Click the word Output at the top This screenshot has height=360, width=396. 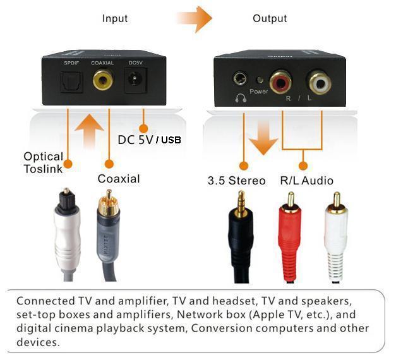pos(270,18)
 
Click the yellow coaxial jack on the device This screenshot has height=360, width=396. pos(104,81)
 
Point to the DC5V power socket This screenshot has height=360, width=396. pos(135,81)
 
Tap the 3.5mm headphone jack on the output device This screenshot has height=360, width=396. pos(240,80)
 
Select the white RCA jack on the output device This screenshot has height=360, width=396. pos(319,81)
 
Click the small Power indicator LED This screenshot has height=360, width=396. pos(259,80)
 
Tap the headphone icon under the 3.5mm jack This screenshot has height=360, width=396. pos(240,98)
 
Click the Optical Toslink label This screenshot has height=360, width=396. pos(43,162)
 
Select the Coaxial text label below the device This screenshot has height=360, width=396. pos(118,179)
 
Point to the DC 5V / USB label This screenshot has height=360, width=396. pos(149,139)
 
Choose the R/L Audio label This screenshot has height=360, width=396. pos(307,181)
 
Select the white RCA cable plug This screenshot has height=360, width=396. pos(335,234)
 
